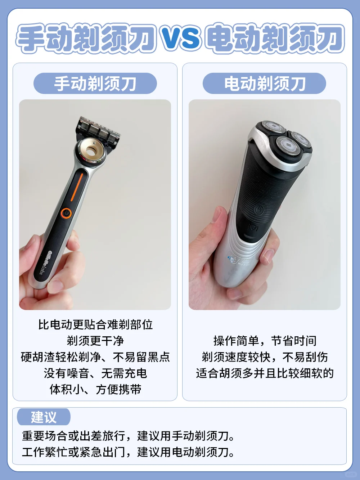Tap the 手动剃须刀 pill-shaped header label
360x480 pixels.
95,83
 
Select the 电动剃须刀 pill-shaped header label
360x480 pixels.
265,83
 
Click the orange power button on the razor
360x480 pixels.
66,213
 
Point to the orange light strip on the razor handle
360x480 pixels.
77,187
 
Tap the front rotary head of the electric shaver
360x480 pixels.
287,145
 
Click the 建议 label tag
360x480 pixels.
44,417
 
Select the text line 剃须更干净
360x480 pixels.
95,341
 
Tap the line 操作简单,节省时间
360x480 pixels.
265,341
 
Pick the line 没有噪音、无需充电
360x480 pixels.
95,373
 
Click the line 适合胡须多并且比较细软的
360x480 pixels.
265,373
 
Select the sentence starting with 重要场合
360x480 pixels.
128,436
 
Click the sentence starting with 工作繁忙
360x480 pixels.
128,452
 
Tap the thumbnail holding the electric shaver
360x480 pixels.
265,205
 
